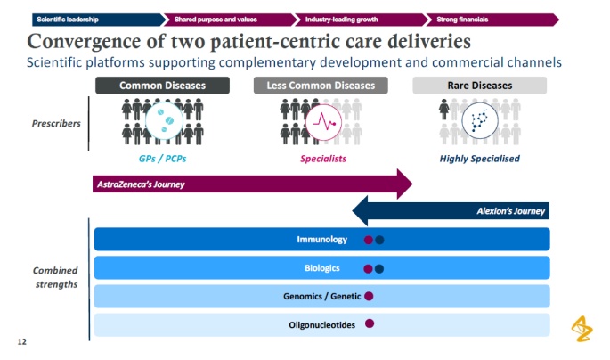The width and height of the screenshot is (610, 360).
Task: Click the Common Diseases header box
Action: (x=162, y=86)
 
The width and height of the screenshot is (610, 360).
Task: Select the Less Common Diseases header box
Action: (x=321, y=86)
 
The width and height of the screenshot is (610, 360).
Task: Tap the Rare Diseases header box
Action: (x=479, y=86)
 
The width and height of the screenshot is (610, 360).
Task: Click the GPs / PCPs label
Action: (x=162, y=159)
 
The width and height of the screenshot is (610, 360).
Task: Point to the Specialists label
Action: (x=322, y=159)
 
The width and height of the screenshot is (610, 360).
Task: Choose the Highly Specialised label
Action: (x=480, y=159)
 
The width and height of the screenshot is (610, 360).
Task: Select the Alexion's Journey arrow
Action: (x=450, y=211)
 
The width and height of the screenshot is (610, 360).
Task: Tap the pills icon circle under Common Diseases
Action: (x=162, y=121)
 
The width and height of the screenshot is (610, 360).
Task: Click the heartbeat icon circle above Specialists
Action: (x=321, y=121)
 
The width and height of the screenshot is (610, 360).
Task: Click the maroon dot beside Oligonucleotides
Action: (x=369, y=324)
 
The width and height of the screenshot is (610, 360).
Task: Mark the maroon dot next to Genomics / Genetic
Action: (x=369, y=296)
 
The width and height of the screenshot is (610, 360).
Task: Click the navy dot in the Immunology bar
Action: (x=379, y=240)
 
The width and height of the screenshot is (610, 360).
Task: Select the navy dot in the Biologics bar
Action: (x=379, y=268)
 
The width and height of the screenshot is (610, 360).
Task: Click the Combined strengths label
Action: (x=55, y=277)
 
